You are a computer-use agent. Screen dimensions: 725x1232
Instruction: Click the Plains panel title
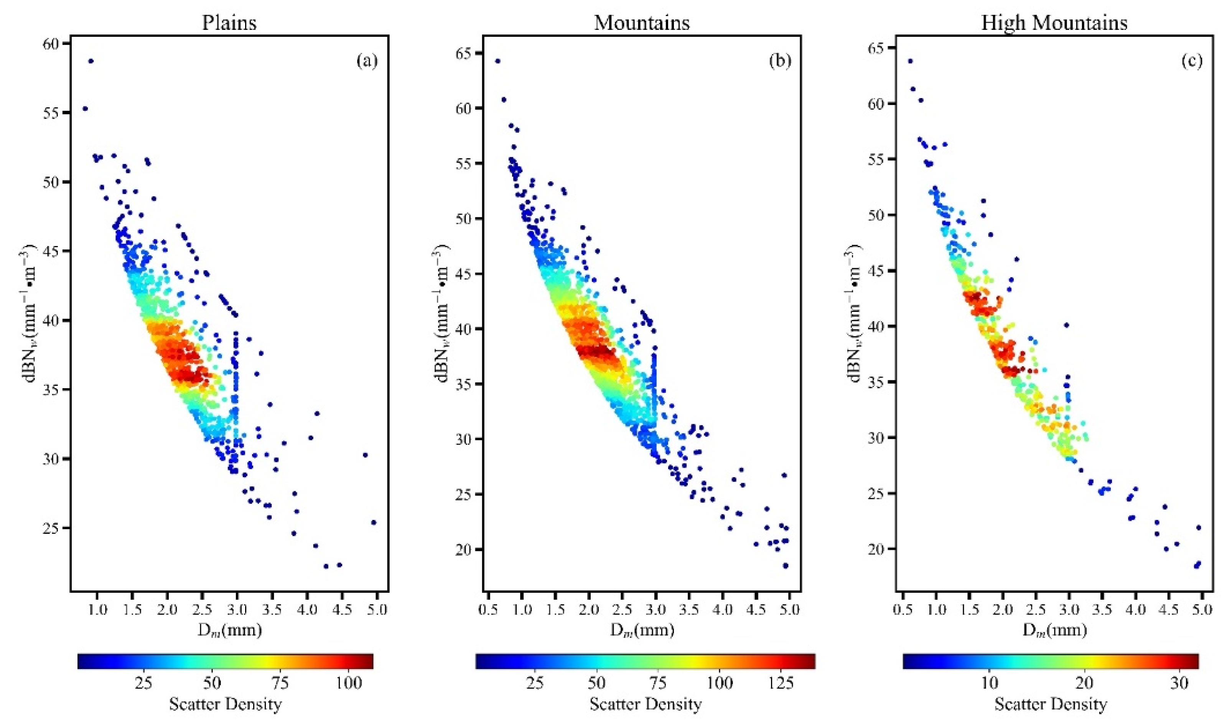(229, 23)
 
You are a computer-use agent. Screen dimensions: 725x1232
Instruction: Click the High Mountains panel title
(1054, 23)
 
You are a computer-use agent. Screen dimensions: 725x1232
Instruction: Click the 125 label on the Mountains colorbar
(781, 683)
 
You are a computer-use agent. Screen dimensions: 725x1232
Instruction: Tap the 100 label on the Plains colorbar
(349, 683)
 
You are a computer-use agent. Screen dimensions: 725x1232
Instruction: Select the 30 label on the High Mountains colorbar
(1179, 683)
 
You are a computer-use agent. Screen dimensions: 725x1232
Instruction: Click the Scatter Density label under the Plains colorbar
(226, 704)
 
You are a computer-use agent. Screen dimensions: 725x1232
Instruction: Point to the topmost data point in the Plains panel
(91, 61)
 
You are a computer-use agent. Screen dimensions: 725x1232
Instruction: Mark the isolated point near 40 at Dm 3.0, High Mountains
(1067, 325)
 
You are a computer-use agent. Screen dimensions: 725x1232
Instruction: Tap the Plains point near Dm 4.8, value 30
(365, 455)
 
